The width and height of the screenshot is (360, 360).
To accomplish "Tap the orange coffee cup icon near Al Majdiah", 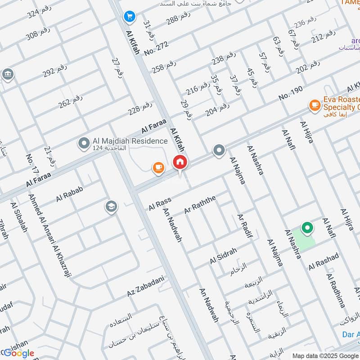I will pyautogui.click(x=158, y=168).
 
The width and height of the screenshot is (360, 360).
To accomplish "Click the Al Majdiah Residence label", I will pyautogui.click(x=123, y=141).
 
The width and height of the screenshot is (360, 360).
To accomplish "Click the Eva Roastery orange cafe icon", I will pyautogui.click(x=314, y=106).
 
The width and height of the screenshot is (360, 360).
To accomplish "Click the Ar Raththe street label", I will pyautogui.click(x=200, y=205).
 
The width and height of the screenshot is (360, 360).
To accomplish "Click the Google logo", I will pyautogui.click(x=19, y=353).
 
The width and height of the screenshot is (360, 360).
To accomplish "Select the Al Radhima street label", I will pyautogui.click(x=335, y=290).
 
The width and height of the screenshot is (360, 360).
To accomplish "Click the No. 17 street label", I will pyautogui.click(x=32, y=164).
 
